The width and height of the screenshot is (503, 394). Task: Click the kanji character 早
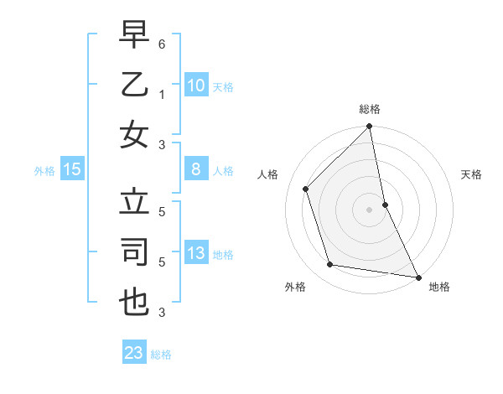click(x=134, y=35)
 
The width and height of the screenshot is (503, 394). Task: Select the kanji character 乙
click(x=134, y=85)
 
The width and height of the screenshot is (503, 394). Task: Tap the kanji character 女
click(x=134, y=134)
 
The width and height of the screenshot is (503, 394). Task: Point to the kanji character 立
click(x=134, y=204)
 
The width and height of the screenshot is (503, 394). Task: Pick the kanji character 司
click(x=134, y=253)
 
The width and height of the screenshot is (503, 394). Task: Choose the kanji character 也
click(x=134, y=303)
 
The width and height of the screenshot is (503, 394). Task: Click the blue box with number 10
click(x=195, y=85)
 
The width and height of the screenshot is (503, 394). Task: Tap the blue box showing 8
click(x=195, y=169)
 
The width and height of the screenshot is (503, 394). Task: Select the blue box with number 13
click(x=195, y=253)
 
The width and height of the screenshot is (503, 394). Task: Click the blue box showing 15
click(x=72, y=169)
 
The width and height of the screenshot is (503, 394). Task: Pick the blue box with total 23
click(x=134, y=353)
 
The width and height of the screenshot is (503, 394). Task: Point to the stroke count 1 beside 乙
click(x=162, y=94)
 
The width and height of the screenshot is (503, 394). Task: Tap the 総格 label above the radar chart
click(x=370, y=109)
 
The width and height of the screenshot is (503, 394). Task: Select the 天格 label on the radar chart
click(x=472, y=174)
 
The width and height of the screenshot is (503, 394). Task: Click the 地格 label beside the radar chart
click(x=439, y=287)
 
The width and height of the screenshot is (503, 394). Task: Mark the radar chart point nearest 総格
click(x=369, y=127)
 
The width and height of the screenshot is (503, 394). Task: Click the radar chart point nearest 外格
click(x=330, y=265)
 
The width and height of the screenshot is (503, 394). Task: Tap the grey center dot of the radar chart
click(x=369, y=209)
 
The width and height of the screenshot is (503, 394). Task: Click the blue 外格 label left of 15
click(x=44, y=170)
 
